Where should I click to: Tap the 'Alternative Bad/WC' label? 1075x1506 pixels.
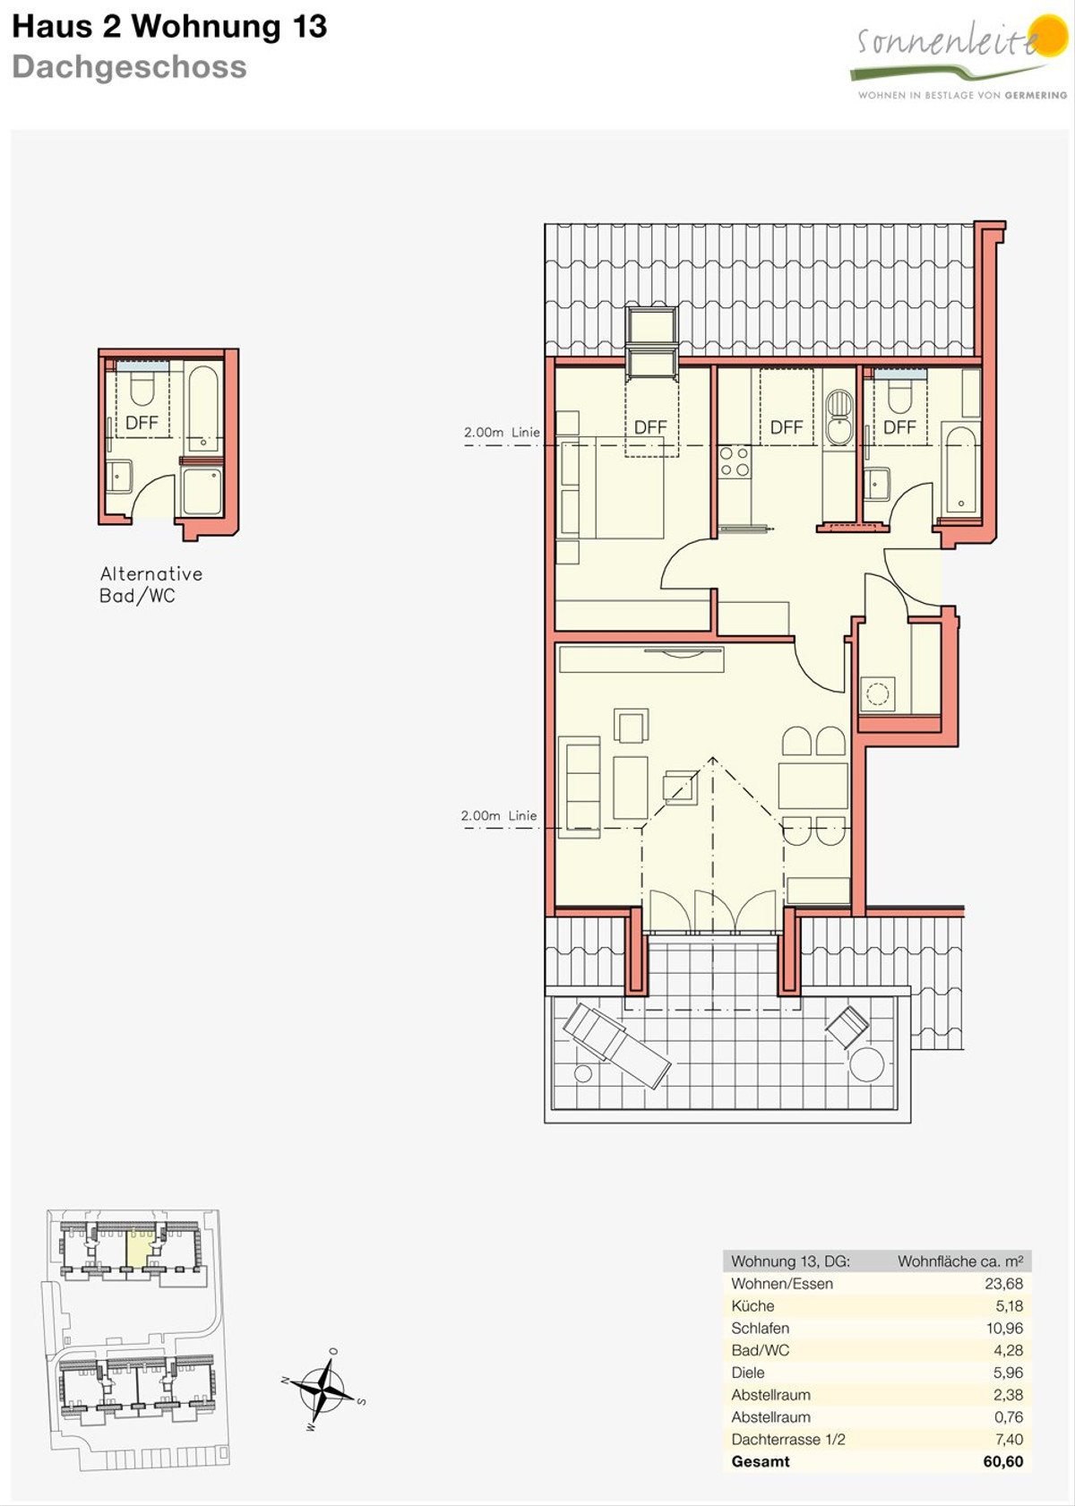[x=150, y=584]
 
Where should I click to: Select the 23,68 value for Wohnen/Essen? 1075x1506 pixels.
[x=1003, y=1284]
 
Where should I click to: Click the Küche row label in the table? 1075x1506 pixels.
[x=752, y=1305]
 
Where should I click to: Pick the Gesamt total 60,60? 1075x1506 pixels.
[x=1003, y=1461]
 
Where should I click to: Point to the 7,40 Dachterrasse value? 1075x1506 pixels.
[x=1008, y=1439]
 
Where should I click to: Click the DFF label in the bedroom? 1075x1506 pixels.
[x=650, y=427]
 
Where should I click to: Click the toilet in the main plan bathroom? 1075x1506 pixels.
[x=899, y=397]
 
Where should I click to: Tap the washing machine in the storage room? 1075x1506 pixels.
[x=877, y=693]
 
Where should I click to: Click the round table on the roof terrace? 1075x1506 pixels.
[x=867, y=1064]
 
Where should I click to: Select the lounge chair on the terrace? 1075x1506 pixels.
[x=616, y=1045]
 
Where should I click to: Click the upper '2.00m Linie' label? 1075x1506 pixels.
[x=502, y=433]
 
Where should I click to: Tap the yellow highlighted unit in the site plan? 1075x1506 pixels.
[x=139, y=1249]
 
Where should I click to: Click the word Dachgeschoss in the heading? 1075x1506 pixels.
[x=130, y=67]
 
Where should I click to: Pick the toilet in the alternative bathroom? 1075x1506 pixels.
[x=142, y=389]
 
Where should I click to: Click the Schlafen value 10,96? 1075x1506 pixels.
[x=1003, y=1328]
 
